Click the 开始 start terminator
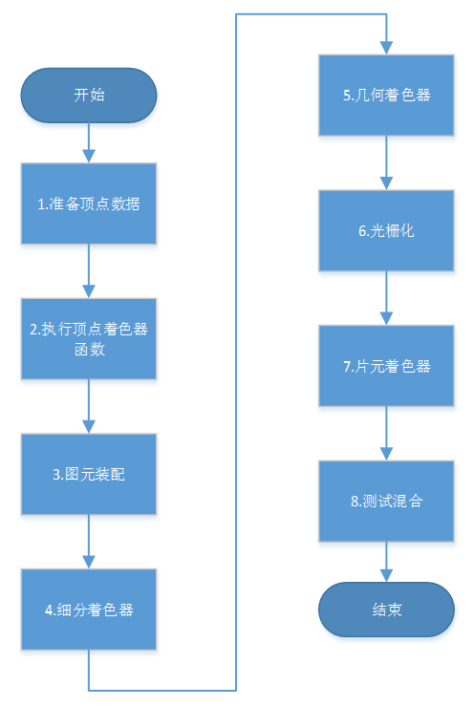click(89, 96)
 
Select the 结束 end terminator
click(386, 609)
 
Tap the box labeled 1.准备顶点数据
click(89, 203)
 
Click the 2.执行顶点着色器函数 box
click(89, 338)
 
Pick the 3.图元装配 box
click(89, 474)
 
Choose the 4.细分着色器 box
click(89, 610)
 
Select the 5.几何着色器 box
click(386, 95)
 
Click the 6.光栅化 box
click(386, 230)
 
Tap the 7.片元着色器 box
click(386, 366)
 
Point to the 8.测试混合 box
click(386, 502)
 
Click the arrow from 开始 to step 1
click(89, 142)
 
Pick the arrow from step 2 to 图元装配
click(89, 406)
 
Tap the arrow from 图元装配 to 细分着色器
click(89, 542)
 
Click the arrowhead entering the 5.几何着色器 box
click(386, 48)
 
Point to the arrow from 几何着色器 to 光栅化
click(386, 162)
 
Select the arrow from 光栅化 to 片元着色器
click(386, 298)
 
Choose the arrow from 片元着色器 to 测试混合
click(386, 434)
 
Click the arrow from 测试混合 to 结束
click(386, 562)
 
